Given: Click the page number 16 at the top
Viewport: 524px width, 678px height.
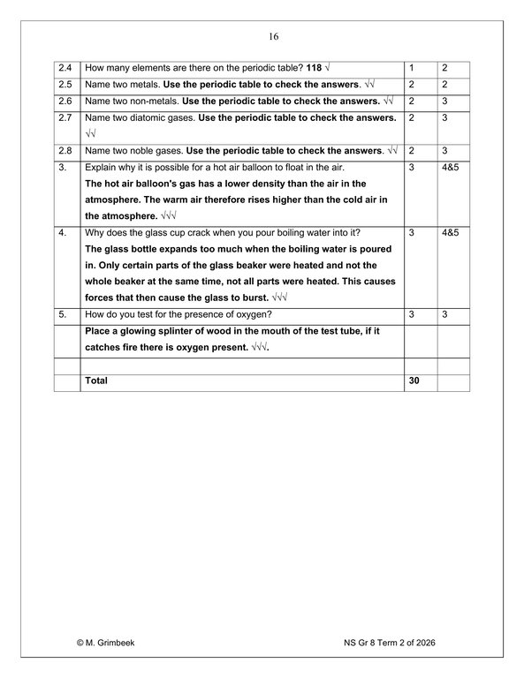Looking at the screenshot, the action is point(272,37).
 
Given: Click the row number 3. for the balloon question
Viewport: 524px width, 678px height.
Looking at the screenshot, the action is point(62,168).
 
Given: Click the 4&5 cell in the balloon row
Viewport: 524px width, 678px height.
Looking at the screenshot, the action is point(451,168).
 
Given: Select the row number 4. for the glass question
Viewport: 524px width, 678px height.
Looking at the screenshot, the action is point(62,233).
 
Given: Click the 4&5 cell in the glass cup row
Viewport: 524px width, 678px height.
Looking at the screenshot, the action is point(451,233).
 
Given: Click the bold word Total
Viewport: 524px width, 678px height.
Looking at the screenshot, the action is point(95,381).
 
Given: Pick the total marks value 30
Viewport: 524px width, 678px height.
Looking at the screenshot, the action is point(414,381).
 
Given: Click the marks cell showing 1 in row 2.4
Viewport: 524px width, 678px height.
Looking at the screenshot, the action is point(412,68).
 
